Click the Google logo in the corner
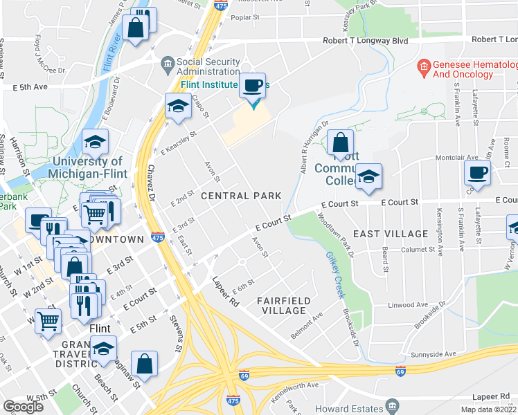(x=23, y=407)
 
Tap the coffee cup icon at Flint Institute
(x=253, y=86)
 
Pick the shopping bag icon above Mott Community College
(x=340, y=143)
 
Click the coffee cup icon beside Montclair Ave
(x=477, y=172)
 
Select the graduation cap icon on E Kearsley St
(x=178, y=106)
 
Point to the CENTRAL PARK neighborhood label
(x=240, y=196)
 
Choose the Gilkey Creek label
(x=337, y=275)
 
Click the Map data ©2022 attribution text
(x=488, y=409)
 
